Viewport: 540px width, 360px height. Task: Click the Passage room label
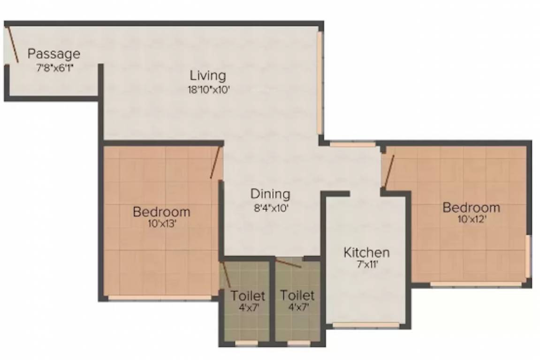tap(53, 54)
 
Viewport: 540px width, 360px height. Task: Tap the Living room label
tap(208, 75)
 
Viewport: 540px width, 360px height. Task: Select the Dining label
tap(270, 194)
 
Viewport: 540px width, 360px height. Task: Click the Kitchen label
tap(366, 253)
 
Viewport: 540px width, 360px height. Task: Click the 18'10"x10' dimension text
tap(208, 90)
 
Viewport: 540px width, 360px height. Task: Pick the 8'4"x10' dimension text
tap(270, 207)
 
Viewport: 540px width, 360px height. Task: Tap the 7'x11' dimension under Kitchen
tap(366, 265)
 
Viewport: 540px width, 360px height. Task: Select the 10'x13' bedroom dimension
tap(161, 224)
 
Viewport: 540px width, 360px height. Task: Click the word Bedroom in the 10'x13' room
tap(161, 212)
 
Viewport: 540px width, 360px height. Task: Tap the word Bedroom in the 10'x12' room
tap(471, 207)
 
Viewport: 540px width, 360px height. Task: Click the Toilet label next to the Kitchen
tap(297, 296)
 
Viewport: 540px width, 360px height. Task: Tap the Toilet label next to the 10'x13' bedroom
tap(248, 296)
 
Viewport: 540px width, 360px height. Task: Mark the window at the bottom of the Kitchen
tap(366, 324)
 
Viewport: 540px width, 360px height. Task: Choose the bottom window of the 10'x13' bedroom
tap(160, 297)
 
